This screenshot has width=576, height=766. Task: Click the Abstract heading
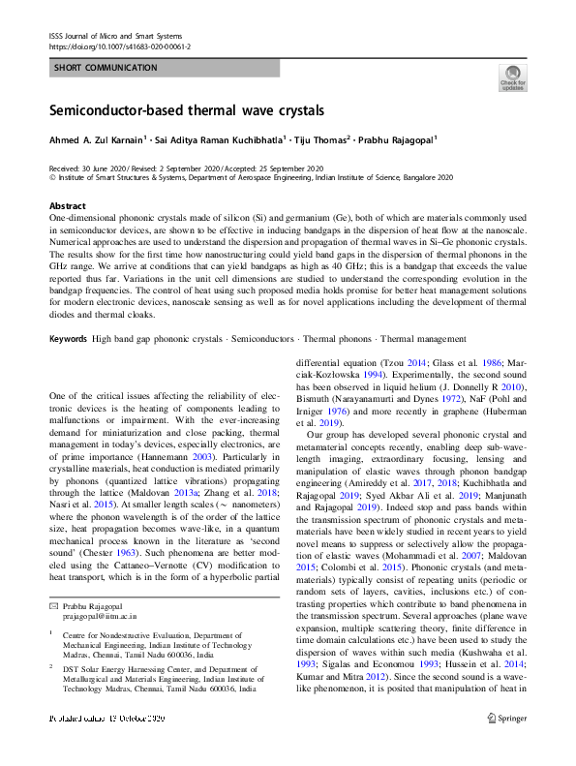click(67, 206)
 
